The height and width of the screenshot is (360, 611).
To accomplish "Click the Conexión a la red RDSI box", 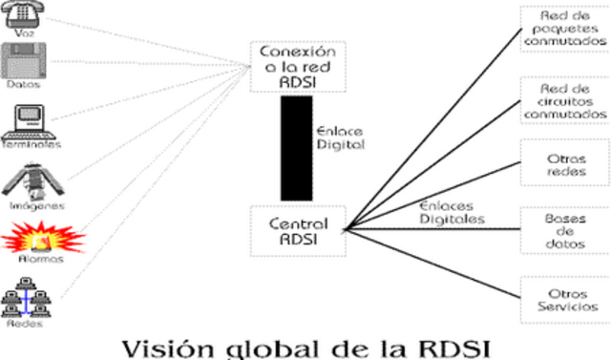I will [x=298, y=66].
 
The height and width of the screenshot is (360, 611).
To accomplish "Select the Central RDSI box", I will [x=298, y=230].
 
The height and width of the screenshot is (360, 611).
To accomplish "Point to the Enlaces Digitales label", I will [x=452, y=212].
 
